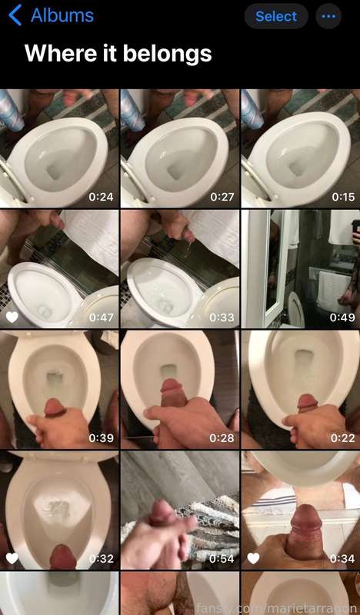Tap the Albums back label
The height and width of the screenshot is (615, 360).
tap(62, 15)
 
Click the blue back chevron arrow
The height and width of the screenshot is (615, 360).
tap(15, 16)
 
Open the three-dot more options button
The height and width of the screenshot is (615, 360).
tap(328, 16)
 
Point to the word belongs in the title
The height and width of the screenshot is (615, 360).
tap(167, 54)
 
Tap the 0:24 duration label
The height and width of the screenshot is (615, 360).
tap(101, 197)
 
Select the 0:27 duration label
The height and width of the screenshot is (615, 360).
tap(222, 197)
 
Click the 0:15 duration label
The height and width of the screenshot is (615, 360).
tap(343, 197)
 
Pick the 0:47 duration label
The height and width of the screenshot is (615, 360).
tap(101, 317)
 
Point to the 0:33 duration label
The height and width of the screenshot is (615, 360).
tap(222, 317)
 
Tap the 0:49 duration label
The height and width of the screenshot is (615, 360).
tap(342, 317)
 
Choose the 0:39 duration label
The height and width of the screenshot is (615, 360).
tap(101, 437)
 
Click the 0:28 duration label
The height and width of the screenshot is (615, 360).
tap(222, 437)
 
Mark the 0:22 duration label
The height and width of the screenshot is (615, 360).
tap(343, 437)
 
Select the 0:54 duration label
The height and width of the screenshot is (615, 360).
tap(222, 558)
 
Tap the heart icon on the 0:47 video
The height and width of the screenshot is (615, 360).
tap(12, 317)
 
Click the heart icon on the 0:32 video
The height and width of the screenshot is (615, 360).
tap(12, 558)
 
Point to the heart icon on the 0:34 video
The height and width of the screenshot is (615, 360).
tap(253, 558)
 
